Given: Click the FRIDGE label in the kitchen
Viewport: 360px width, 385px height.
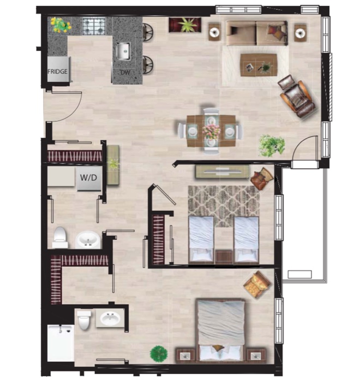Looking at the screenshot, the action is point(57,72).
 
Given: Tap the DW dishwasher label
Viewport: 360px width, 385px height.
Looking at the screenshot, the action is point(125,73).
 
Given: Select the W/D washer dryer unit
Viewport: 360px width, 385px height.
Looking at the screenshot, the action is point(89,178).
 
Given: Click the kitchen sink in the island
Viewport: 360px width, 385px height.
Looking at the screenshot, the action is point(123,51).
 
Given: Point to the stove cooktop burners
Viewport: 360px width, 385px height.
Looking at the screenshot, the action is point(94,26).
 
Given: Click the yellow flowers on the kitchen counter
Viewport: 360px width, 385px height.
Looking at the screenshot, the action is point(61,25).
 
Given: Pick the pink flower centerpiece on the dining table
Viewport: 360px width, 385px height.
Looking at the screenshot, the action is point(211,132).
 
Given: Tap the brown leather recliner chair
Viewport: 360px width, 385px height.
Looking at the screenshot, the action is point(297,97).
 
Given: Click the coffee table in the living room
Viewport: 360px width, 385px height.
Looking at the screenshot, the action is point(259,65).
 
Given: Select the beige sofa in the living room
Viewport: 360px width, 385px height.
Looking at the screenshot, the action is point(257,33).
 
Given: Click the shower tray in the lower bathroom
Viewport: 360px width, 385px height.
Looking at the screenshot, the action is point(61,343).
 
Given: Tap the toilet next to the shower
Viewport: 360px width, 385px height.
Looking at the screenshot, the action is point(84,319).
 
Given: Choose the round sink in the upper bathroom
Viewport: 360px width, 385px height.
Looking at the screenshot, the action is point(88,240).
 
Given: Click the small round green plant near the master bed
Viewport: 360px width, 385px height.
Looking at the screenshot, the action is point(159,353).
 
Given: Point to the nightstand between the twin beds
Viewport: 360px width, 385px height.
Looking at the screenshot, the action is point(224,257).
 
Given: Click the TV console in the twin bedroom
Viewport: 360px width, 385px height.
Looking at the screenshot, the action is point(223,171).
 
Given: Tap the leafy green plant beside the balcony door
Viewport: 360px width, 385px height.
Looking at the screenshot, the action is point(272,146).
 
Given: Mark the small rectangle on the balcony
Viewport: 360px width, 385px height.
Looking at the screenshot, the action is point(299,274).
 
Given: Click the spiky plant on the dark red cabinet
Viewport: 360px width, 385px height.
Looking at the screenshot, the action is point(187,25).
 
